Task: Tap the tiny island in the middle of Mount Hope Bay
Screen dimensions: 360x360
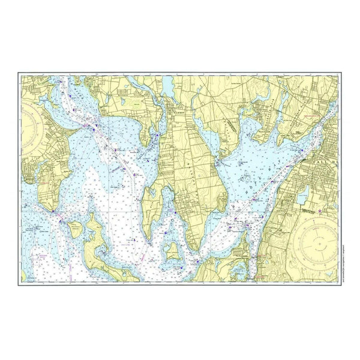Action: click(246, 178)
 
